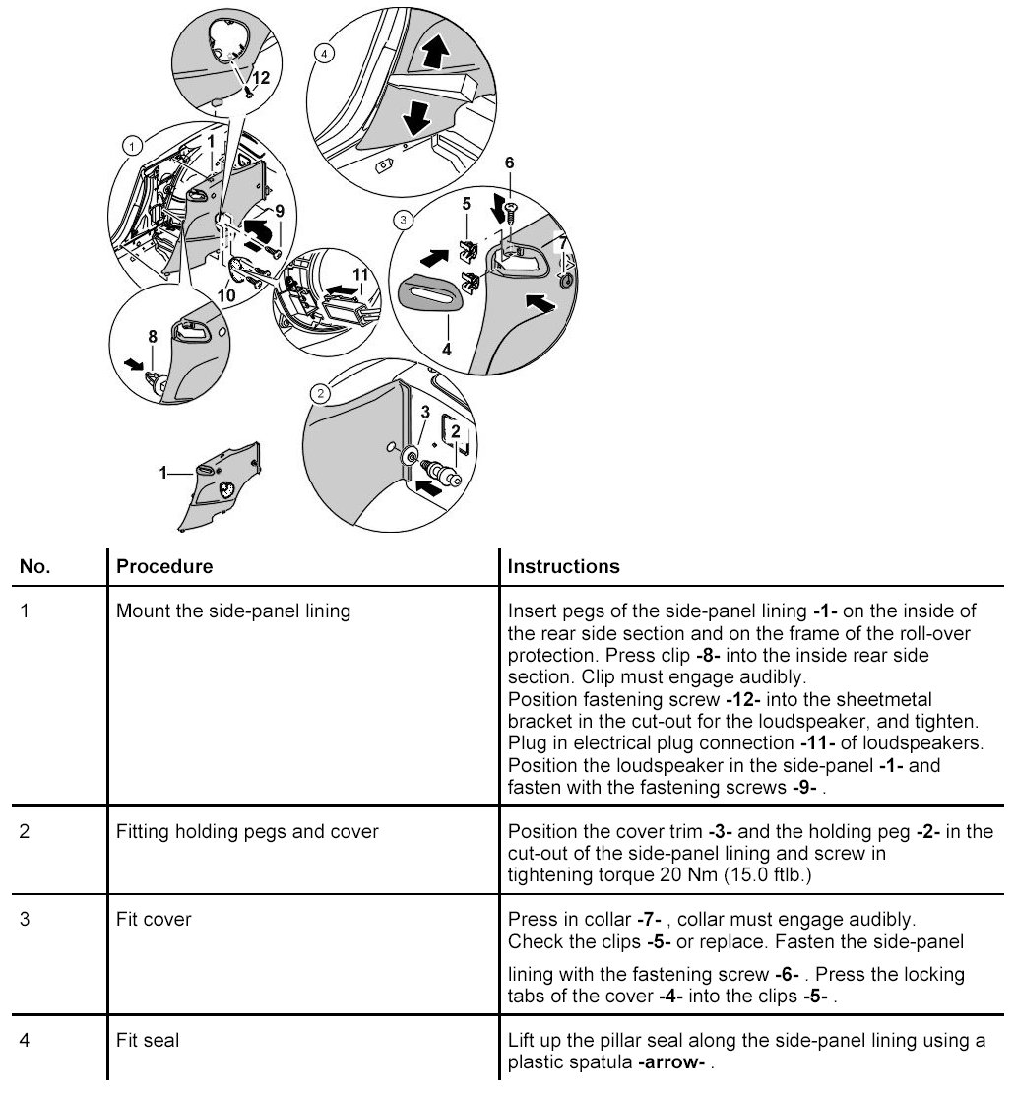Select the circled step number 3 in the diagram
[x=402, y=218]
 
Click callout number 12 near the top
[x=260, y=76]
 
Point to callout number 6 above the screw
[x=508, y=161]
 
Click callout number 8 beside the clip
[x=153, y=337]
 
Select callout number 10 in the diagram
[x=225, y=294]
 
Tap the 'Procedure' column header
[x=163, y=567]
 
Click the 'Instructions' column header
[x=563, y=567]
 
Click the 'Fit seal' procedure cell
[x=148, y=1039]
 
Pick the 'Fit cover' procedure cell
[x=154, y=919]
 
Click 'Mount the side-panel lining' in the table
[x=233, y=611]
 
